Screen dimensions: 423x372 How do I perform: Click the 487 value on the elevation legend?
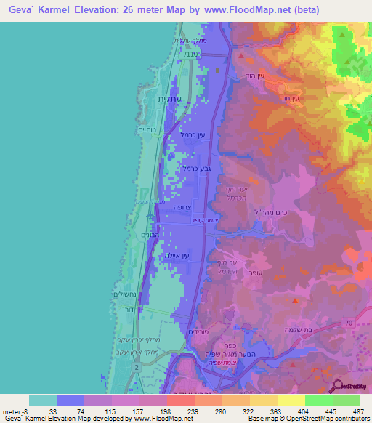357,411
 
